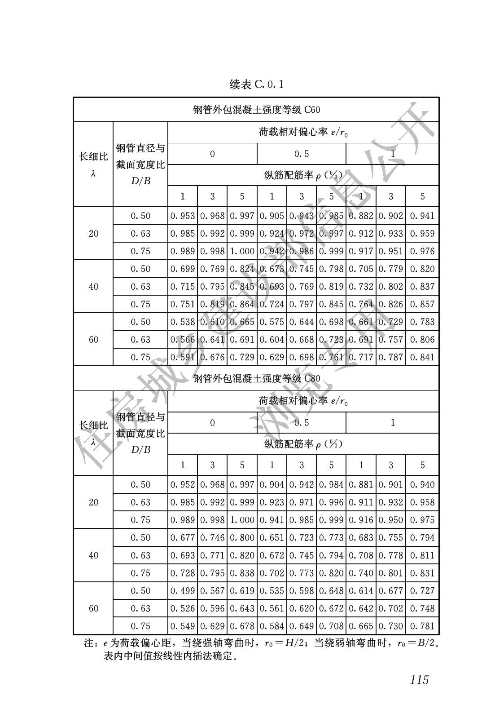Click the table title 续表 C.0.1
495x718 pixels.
[256, 84]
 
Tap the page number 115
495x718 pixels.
[419, 680]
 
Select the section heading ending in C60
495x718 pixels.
[256, 110]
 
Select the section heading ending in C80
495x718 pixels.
[256, 378]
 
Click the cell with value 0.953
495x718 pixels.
[183, 216]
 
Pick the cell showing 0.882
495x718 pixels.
[361, 216]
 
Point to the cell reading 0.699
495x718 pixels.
[183, 269]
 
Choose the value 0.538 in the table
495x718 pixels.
[183, 322]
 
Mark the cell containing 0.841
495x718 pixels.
[422, 357]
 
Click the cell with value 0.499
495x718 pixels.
[183, 591]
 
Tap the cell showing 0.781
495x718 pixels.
[422, 626]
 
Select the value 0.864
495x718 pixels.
[242, 304]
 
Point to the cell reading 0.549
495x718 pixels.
[183, 626]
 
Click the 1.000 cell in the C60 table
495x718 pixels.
[242, 251]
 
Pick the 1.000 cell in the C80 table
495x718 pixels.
[242, 520]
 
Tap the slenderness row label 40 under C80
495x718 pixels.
[93, 555]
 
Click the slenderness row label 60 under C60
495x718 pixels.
[93, 340]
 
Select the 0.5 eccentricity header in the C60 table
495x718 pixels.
[301, 154]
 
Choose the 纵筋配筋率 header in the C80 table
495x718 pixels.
[303, 444]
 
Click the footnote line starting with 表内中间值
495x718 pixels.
[170, 656]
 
